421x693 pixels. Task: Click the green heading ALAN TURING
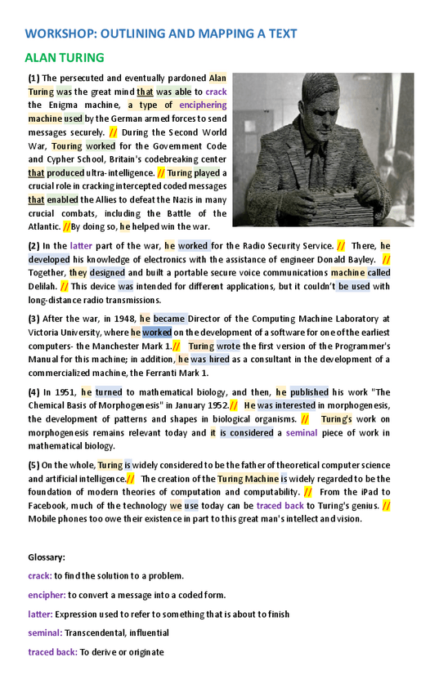pos(65,58)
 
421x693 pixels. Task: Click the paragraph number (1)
pos(34,78)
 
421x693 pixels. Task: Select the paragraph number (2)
pos(34,245)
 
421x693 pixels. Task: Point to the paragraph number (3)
pos(34,319)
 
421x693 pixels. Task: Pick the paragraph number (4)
pos(34,392)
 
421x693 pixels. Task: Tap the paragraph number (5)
pos(34,465)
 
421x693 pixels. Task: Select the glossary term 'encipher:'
pos(47,595)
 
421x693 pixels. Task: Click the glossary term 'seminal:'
pos(45,633)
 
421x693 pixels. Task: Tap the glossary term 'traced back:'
pos(52,652)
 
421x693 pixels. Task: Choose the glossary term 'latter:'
pos(41,614)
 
